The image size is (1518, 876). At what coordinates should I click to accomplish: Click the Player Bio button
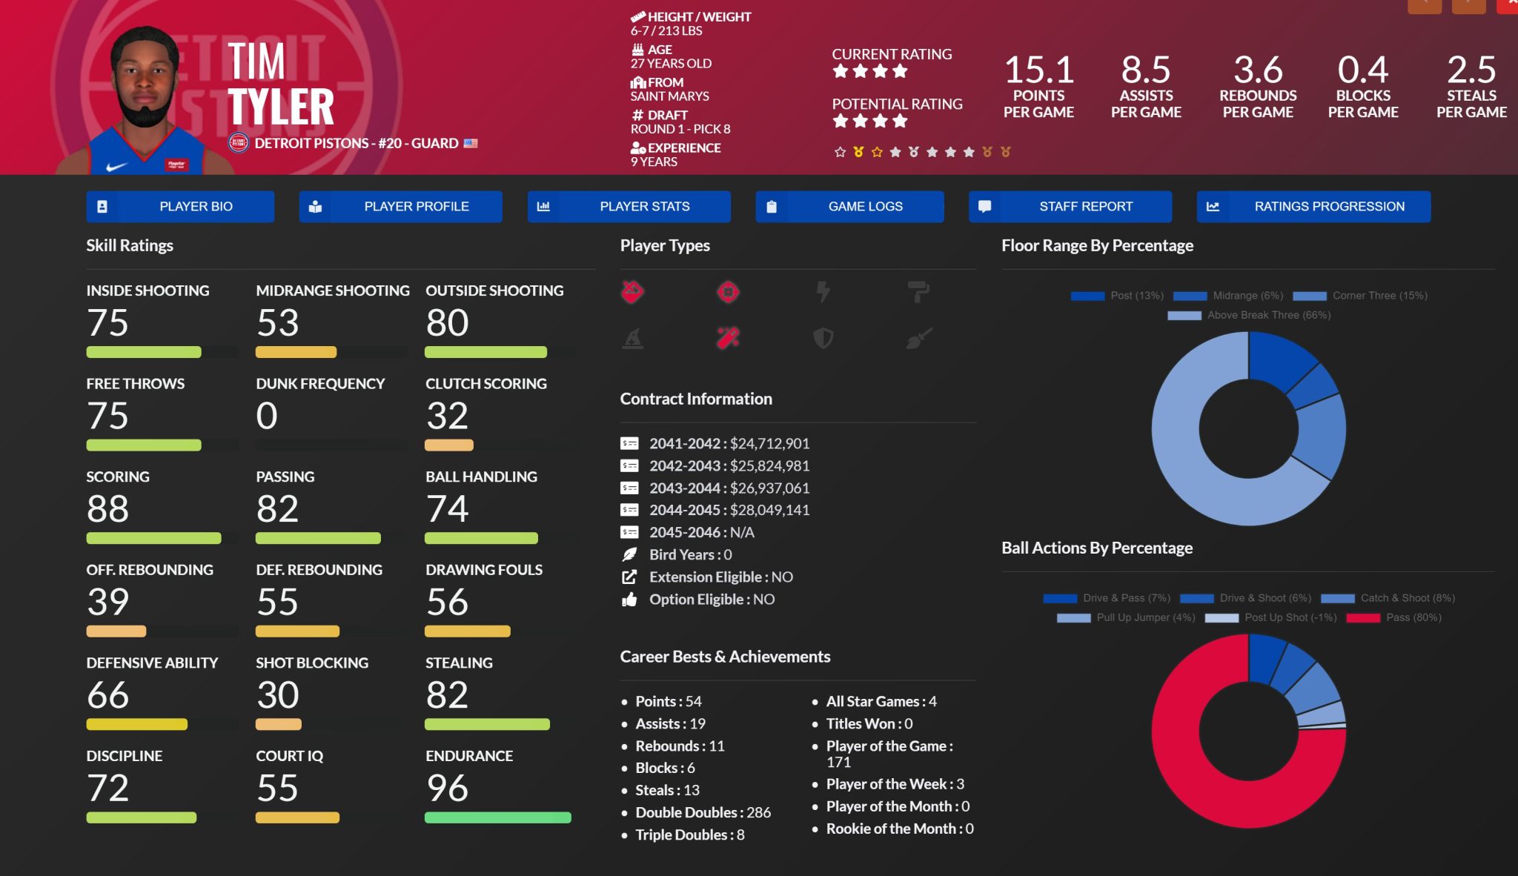180,207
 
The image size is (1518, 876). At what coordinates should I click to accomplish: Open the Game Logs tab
849,207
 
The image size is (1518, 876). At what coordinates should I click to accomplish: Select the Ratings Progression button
1313,207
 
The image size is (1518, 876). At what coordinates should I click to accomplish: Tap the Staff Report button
1070,207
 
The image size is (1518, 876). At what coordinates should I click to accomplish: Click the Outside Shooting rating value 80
447,323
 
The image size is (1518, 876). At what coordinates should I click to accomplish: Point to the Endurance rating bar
497,817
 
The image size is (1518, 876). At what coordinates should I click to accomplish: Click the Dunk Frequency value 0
267,416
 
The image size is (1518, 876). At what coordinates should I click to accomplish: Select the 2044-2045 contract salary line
729,510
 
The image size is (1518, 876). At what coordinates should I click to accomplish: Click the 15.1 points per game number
1038,70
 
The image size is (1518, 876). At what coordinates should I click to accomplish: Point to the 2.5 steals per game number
1471,70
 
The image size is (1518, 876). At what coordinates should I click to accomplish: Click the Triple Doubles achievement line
689,834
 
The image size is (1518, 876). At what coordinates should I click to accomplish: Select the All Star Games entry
881,701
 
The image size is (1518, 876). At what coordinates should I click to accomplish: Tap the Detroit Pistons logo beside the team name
238,143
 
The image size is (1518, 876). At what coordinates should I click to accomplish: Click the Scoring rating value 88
108,509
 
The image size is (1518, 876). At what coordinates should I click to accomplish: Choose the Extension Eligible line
720,577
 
